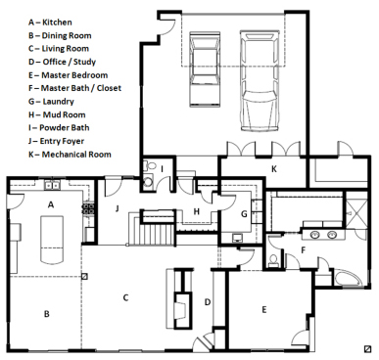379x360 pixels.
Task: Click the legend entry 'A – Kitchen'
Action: click(x=50, y=22)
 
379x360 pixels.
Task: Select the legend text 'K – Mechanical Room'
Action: click(x=70, y=155)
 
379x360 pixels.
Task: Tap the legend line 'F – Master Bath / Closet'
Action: click(x=74, y=88)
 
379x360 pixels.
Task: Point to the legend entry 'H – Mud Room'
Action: click(x=57, y=114)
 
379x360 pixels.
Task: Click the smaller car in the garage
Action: click(x=205, y=69)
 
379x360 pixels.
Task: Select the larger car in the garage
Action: click(x=260, y=81)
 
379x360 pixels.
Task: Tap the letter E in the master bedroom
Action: click(x=264, y=309)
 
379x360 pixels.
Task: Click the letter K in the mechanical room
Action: click(x=274, y=169)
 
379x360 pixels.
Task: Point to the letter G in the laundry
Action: click(x=244, y=214)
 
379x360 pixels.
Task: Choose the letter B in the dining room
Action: click(x=47, y=314)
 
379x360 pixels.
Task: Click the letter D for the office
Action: click(x=208, y=302)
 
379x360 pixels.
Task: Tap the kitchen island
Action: click(x=52, y=239)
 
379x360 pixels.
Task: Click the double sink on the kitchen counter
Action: click(x=52, y=186)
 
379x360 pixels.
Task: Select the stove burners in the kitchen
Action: click(x=87, y=209)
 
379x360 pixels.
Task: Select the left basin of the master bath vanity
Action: click(x=315, y=234)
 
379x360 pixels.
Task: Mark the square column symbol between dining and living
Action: click(x=84, y=277)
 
